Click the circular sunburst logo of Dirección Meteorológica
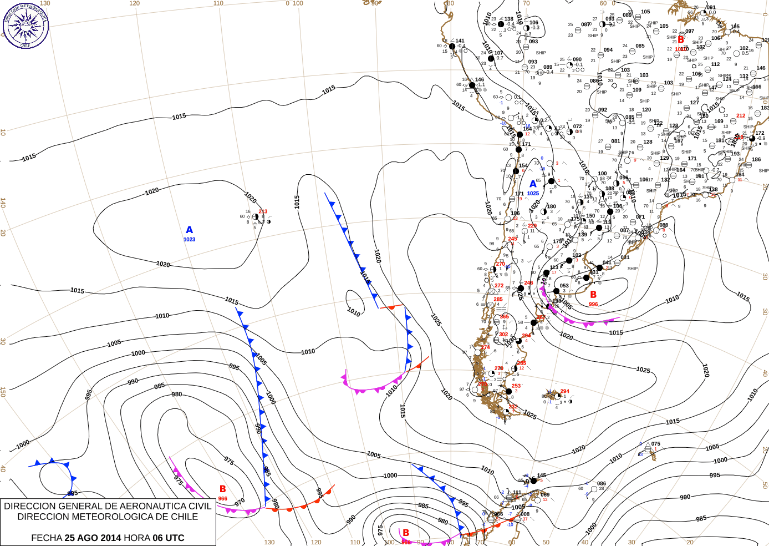pos(26,25)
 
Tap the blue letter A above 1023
pos(190,230)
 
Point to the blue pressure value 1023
pos(190,240)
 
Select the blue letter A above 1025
pos(533,184)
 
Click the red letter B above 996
pos(593,295)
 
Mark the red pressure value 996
pos(593,304)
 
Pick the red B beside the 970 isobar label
pos(223,489)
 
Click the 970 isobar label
pos(240,503)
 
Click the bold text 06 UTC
pos(166,538)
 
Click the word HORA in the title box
pos(136,538)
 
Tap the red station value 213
pos(263,211)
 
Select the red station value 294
pos(564,391)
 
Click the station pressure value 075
pos(656,444)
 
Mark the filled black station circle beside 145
pos(533,481)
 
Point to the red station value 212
pos(741,116)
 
